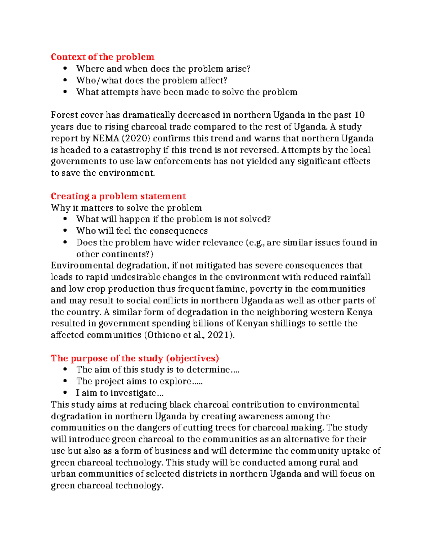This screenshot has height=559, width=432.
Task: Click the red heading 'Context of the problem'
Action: pyautogui.click(x=102, y=57)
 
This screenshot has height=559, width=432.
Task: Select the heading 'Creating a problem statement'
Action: pyautogui.click(x=118, y=196)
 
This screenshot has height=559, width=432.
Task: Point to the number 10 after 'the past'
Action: pyautogui.click(x=359, y=115)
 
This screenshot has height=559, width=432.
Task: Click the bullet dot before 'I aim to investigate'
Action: pyautogui.click(x=65, y=393)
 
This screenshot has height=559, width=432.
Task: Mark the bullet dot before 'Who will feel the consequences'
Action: pyautogui.click(x=65, y=231)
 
